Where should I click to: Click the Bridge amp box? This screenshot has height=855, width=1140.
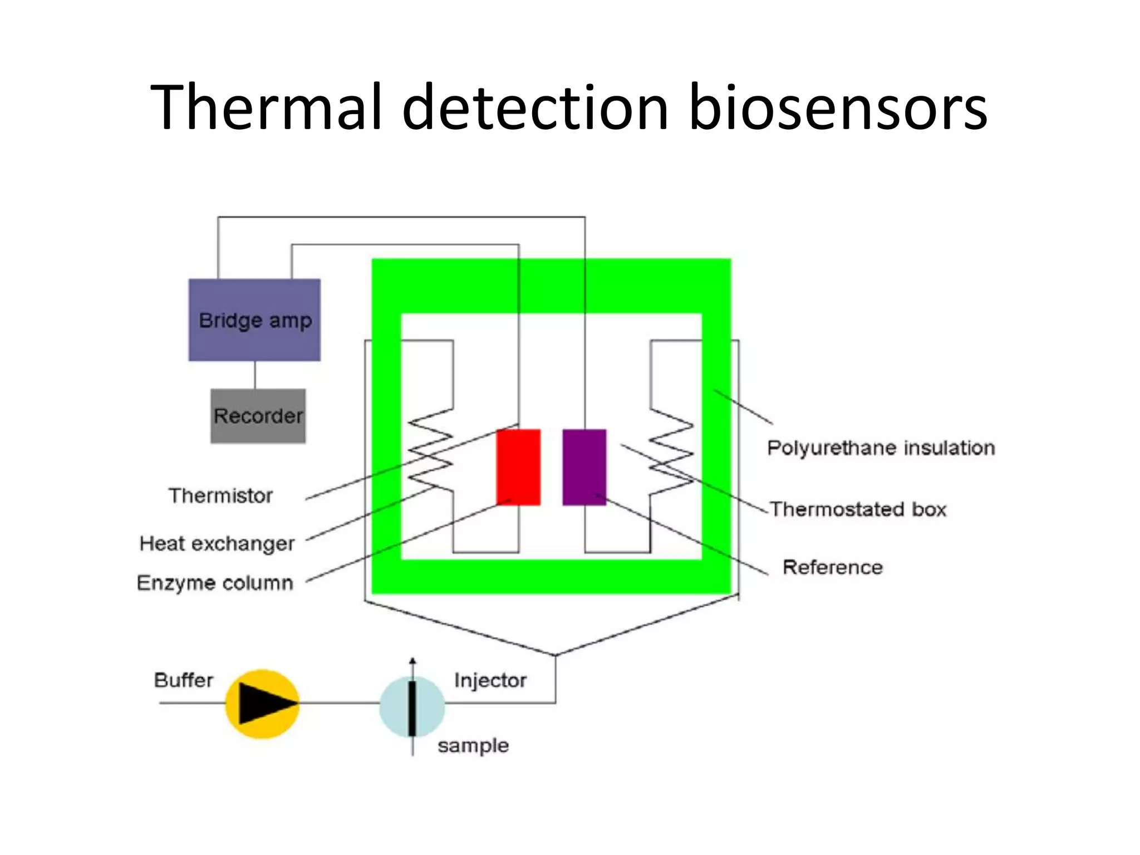coord(254,320)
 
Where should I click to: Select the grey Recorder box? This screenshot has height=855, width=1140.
coord(258,416)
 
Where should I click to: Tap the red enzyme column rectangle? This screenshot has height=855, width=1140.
coord(518,467)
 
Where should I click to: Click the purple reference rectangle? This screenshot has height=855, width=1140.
coord(584,467)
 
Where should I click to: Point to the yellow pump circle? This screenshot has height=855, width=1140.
coord(262,704)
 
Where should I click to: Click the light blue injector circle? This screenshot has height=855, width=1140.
coord(412,706)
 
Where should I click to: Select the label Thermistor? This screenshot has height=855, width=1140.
coord(221,495)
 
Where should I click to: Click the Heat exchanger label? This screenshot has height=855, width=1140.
coord(217,543)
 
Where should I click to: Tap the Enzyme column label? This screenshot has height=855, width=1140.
coord(215,583)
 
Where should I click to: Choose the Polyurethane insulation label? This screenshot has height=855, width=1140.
coord(881,448)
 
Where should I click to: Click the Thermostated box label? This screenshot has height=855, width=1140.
coord(858,509)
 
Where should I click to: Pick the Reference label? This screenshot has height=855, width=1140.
coord(833,567)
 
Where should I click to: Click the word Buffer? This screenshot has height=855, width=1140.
coord(184,680)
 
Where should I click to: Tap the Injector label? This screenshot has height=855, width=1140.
coord(490,680)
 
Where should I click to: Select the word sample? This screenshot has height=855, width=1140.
coord(473,745)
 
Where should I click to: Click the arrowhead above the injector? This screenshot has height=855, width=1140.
coord(412,661)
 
